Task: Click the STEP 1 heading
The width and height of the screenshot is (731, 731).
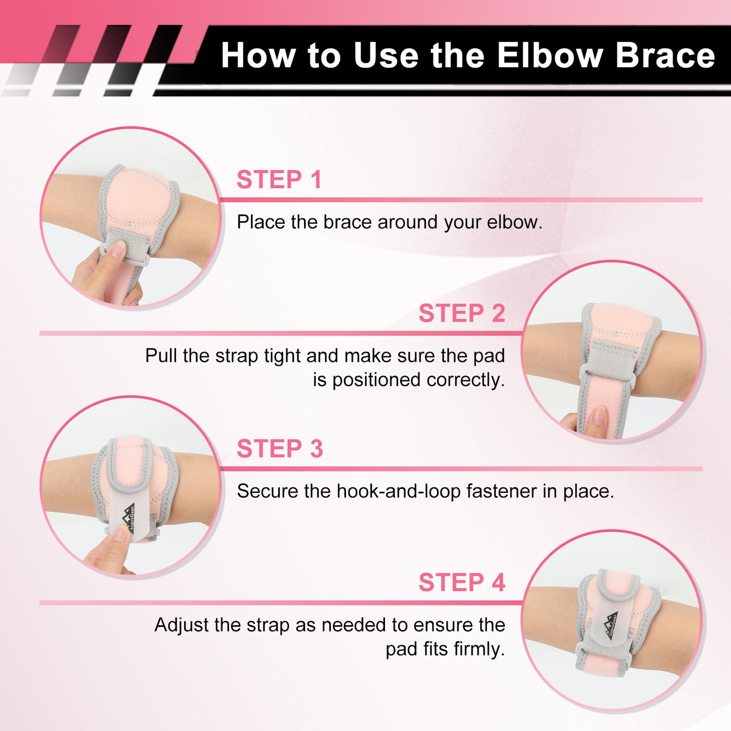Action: coord(279,180)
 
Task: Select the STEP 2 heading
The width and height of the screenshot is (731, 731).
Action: coord(462,313)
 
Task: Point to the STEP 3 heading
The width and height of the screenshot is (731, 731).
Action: coord(280,449)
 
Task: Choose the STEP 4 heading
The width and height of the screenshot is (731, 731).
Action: coord(462,582)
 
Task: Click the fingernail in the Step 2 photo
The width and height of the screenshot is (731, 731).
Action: coord(599,416)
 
